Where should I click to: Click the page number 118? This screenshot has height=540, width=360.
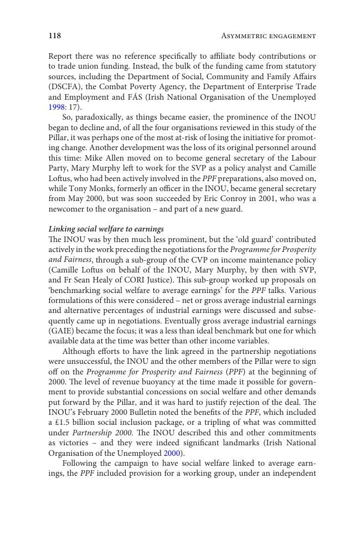click(54, 36)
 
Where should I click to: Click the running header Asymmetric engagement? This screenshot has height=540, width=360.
click(268, 36)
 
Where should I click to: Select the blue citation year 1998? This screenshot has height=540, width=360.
click(56, 107)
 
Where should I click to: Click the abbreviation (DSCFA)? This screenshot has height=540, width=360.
click(63, 87)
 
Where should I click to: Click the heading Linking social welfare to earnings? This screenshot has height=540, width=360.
click(106, 229)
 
